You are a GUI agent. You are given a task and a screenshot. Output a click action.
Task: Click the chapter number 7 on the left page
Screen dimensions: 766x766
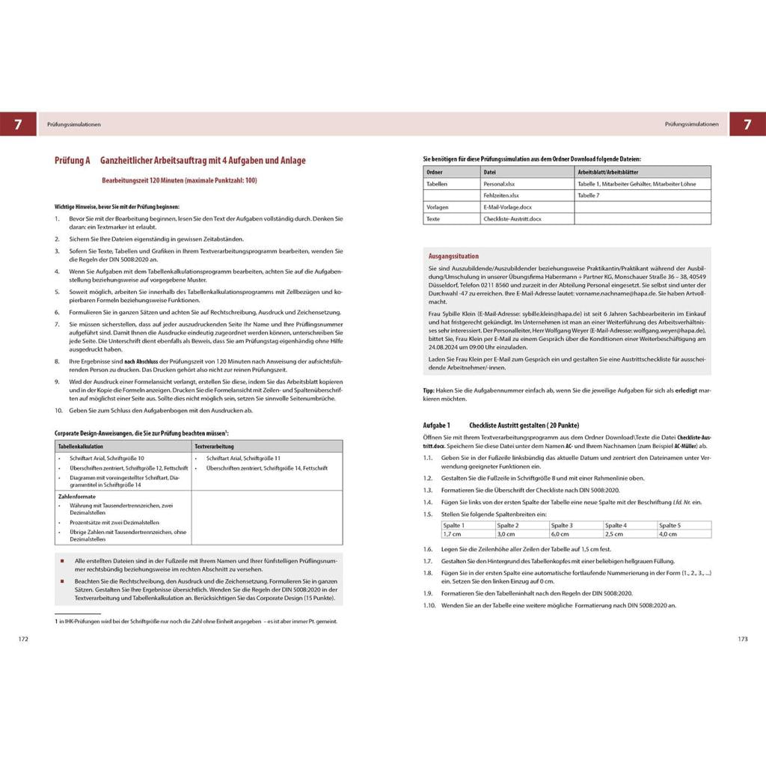pyautogui.click(x=18, y=124)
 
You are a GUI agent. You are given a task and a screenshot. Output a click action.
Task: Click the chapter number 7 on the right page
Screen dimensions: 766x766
pyautogui.click(x=747, y=124)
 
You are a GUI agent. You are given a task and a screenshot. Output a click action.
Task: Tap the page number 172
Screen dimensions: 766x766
pyautogui.click(x=23, y=639)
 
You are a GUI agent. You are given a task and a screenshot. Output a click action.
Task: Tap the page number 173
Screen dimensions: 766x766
pyautogui.click(x=742, y=639)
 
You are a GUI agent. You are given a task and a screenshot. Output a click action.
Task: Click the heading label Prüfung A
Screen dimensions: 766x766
pyautogui.click(x=72, y=161)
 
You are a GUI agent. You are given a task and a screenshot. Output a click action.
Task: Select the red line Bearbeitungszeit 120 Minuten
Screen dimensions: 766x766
pyautogui.click(x=180, y=180)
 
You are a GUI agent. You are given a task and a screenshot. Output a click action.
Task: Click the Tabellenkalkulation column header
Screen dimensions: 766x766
pyautogui.click(x=82, y=446)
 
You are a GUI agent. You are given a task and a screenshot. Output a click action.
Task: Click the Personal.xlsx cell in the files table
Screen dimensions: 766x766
pyautogui.click(x=500, y=183)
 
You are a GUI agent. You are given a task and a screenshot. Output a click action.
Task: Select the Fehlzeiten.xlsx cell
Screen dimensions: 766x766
pyautogui.click(x=501, y=195)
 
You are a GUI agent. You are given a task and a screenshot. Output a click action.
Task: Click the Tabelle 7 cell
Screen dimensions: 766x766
pyautogui.click(x=589, y=195)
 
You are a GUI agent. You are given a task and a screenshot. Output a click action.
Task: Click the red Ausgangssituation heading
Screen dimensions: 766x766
pyautogui.click(x=454, y=256)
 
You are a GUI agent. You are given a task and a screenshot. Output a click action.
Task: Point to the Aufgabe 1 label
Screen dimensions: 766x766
pyautogui.click(x=437, y=425)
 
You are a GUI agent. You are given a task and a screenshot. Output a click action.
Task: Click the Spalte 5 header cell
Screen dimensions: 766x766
pyautogui.click(x=670, y=525)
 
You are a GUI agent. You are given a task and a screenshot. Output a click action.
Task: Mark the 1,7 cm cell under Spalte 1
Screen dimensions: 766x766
pyautogui.click(x=453, y=534)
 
